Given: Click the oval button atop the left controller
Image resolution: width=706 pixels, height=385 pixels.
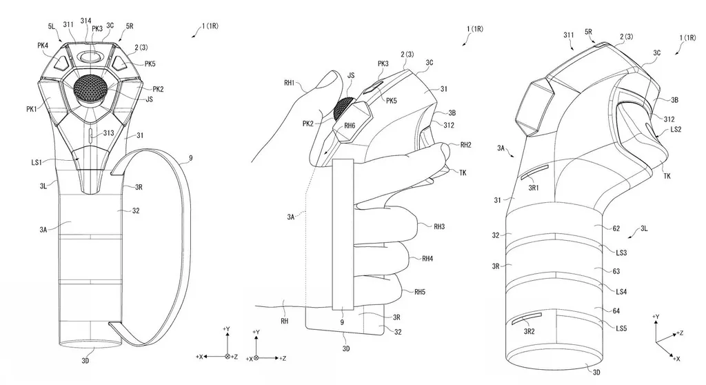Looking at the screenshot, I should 90,55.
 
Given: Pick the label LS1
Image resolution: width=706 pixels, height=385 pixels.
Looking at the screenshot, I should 39,161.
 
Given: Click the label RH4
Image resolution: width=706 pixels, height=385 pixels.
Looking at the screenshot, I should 438,259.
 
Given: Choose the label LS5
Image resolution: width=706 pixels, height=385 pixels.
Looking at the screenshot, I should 620,328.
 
